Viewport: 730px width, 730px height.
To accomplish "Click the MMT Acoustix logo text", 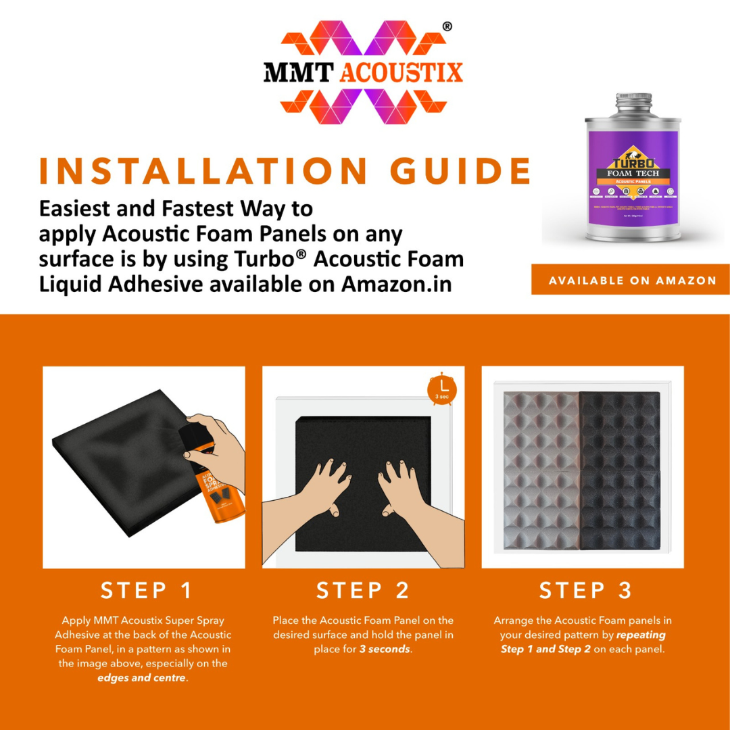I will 363,72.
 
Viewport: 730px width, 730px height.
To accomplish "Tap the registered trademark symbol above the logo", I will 447,27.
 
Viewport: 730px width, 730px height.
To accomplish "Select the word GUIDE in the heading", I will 462,171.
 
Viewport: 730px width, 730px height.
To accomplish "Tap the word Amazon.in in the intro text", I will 396,284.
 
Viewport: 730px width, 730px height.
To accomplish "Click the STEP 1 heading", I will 147,591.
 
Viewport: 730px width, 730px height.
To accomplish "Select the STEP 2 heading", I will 363,591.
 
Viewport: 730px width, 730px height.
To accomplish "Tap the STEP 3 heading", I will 585,591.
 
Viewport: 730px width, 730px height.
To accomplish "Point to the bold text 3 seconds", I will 384,649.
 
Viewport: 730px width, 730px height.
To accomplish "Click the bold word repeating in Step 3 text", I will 641,635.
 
